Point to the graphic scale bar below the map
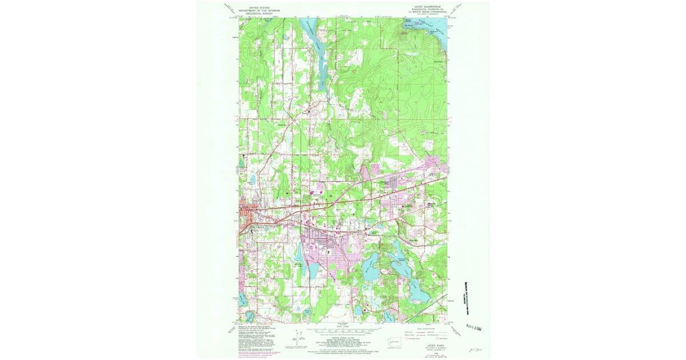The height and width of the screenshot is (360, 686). click(343, 331)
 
